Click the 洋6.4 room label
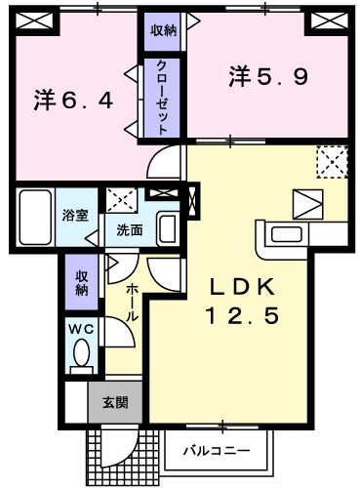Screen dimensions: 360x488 (x=73, y=101)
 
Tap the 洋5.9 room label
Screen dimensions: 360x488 (x=268, y=76)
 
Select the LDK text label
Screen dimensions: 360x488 (x=242, y=287)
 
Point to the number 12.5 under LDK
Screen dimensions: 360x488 (x=242, y=316)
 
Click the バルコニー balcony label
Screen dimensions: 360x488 (x=217, y=451)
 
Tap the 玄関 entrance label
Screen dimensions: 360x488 (x=115, y=403)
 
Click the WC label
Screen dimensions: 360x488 (x=82, y=330)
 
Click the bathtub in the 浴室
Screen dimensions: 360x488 (x=35, y=217)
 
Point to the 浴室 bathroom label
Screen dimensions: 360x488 (x=75, y=216)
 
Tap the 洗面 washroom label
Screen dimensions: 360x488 (x=130, y=230)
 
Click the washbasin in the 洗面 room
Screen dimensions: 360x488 (x=167, y=228)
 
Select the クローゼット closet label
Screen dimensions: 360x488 (x=162, y=98)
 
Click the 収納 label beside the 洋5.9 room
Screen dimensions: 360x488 (x=163, y=30)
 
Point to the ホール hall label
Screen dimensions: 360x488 (x=132, y=303)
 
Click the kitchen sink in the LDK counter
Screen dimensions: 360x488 (x=287, y=234)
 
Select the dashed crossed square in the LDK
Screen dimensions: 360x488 (x=332, y=162)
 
